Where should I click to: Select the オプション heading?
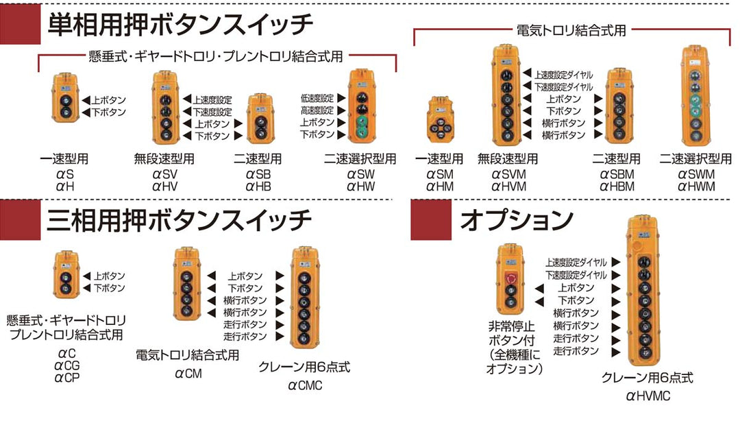516,221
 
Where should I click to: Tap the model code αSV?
164,173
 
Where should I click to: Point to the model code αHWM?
696,186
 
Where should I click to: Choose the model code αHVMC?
647,395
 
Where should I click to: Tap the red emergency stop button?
509,278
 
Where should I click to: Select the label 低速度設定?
317,98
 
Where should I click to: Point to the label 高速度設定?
317,110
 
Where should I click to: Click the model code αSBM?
617,173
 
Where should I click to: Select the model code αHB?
259,186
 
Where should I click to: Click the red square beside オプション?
430,220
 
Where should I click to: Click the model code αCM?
188,374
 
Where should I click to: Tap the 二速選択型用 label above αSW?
360,159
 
